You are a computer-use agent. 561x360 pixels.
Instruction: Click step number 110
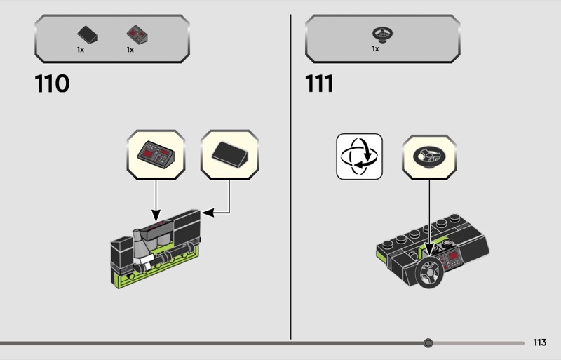pyautogui.click(x=52, y=84)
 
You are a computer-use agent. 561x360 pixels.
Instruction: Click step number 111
pyautogui.click(x=319, y=84)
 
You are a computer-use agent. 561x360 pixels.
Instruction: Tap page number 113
pyautogui.click(x=539, y=342)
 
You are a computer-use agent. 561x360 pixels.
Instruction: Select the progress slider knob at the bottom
pyautogui.click(x=428, y=342)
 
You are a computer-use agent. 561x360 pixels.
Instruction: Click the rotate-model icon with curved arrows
pyautogui.click(x=359, y=156)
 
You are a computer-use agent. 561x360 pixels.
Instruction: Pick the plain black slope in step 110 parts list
pyautogui.click(x=88, y=35)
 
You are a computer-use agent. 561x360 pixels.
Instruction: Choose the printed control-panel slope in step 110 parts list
pyautogui.click(x=137, y=35)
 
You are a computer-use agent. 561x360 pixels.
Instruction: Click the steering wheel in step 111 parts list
pyautogui.click(x=382, y=34)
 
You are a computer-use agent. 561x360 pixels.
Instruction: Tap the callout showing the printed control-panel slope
pyautogui.click(x=156, y=155)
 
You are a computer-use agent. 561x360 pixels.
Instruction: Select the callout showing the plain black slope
pyautogui.click(x=230, y=155)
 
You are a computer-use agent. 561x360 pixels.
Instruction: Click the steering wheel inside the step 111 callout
pyautogui.click(x=429, y=157)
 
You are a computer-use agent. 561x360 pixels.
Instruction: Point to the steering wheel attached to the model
pyautogui.click(x=429, y=273)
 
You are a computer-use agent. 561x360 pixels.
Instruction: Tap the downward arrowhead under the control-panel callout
pyautogui.click(x=156, y=215)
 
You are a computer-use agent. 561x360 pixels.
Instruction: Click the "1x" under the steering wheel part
pyautogui.click(x=375, y=48)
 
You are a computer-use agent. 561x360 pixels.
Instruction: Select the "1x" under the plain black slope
pyautogui.click(x=81, y=50)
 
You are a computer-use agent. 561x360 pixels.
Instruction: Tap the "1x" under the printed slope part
pyautogui.click(x=130, y=50)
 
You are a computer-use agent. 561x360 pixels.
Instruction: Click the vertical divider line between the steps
pyautogui.click(x=290, y=177)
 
